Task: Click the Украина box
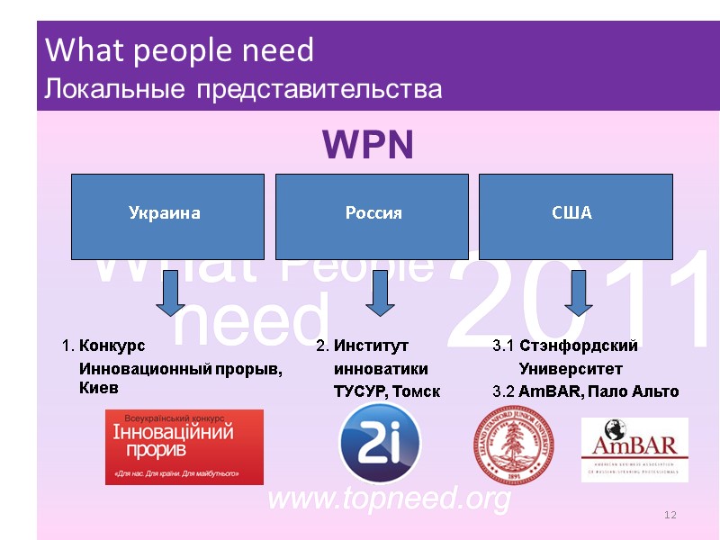pyautogui.click(x=167, y=215)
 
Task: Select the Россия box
pyautogui.click(x=373, y=215)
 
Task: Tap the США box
pyautogui.click(x=575, y=215)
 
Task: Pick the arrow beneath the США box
pyautogui.click(x=579, y=293)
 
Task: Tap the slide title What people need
pyautogui.click(x=179, y=50)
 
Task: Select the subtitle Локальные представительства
pyautogui.click(x=243, y=90)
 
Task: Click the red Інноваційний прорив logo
pyautogui.click(x=184, y=446)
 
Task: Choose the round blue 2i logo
pyautogui.click(x=380, y=444)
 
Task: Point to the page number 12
pyautogui.click(x=669, y=514)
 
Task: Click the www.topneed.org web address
pyautogui.click(x=390, y=498)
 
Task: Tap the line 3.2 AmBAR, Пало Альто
pyautogui.click(x=586, y=391)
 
